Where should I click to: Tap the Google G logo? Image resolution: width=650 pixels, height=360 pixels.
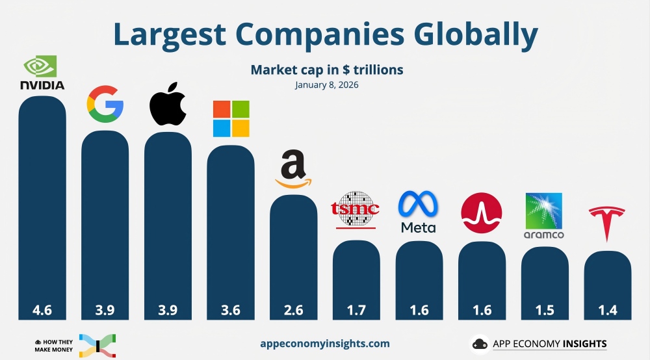[x=105, y=106]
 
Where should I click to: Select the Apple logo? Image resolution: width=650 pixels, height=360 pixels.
[x=168, y=104]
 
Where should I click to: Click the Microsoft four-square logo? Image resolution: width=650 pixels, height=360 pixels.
[x=231, y=119]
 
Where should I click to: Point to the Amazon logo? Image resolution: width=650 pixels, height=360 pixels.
[x=293, y=170]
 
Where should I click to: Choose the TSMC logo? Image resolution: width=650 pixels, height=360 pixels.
[x=356, y=209]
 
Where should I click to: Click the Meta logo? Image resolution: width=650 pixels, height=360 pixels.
[x=419, y=212]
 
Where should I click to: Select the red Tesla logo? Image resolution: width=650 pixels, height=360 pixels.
[x=606, y=223]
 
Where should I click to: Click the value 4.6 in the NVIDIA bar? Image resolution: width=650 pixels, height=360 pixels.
[x=42, y=310]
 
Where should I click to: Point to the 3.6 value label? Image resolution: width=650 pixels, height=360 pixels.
[x=231, y=310]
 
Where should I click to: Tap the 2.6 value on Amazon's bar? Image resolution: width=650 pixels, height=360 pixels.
[x=293, y=310]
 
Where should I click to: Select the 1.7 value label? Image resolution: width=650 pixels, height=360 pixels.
[x=356, y=310]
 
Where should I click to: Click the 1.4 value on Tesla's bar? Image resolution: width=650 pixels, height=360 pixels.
[x=607, y=310]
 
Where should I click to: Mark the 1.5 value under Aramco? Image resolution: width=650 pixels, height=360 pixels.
[x=545, y=310]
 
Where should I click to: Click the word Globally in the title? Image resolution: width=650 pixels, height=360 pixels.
[x=459, y=34]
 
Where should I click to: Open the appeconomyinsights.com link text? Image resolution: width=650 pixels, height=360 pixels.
[x=324, y=343]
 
